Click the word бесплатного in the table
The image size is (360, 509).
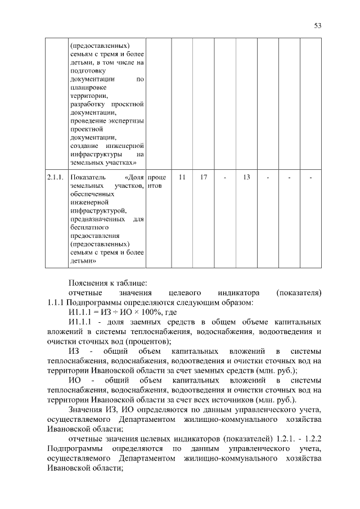pyautogui.click(x=88, y=227)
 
